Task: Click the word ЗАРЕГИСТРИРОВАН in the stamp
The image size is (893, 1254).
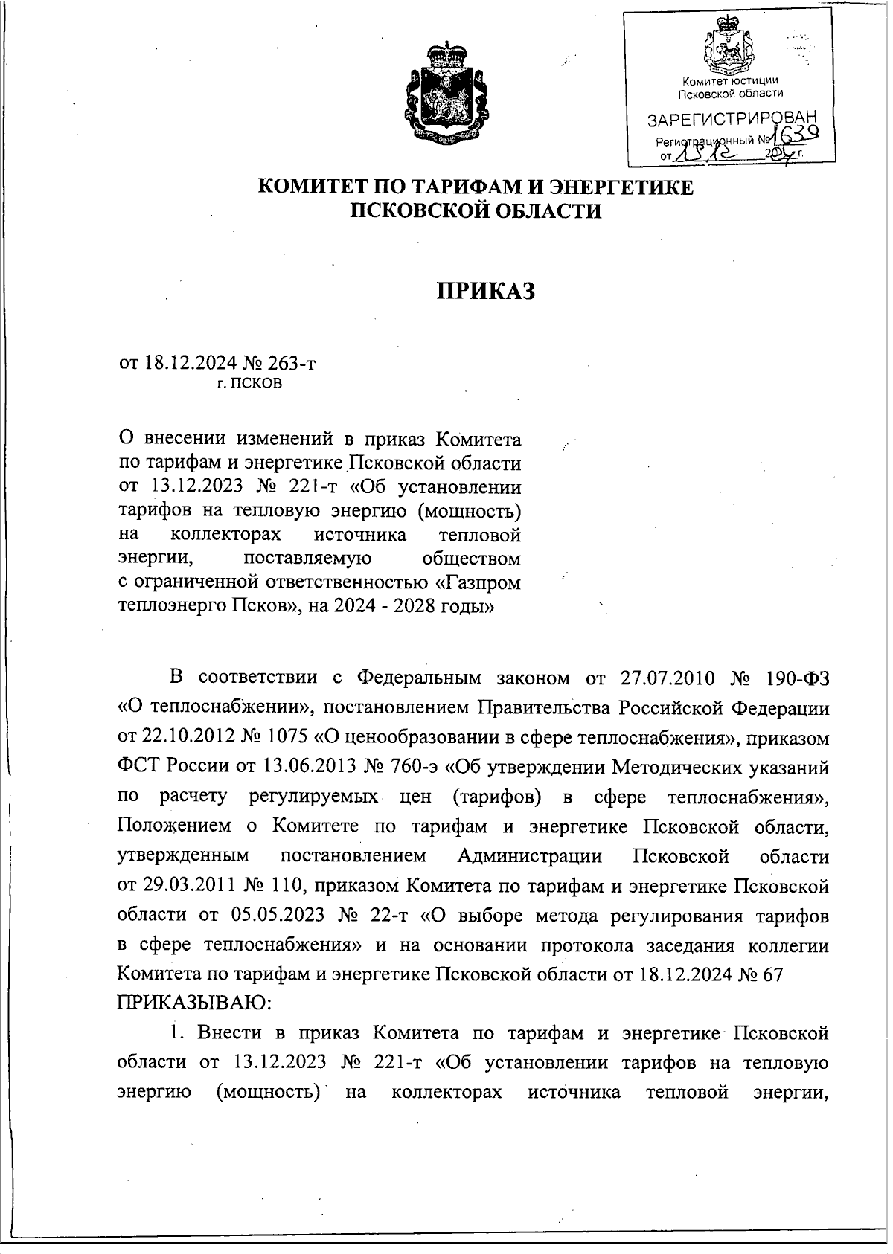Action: click(x=732, y=120)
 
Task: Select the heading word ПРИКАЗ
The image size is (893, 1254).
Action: click(x=485, y=291)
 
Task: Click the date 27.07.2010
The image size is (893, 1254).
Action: click(x=666, y=678)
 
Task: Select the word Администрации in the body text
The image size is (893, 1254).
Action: click(x=529, y=856)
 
